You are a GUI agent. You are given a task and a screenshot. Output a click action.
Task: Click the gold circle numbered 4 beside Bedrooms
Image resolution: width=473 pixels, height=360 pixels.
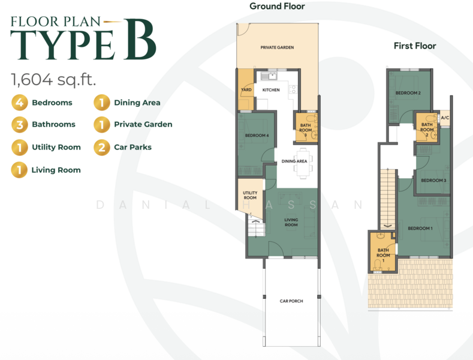(20, 103)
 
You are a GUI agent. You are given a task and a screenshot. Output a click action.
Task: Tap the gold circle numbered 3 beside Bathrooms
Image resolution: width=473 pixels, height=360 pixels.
(20, 124)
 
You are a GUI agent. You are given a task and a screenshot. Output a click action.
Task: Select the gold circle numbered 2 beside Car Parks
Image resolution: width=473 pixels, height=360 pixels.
(102, 148)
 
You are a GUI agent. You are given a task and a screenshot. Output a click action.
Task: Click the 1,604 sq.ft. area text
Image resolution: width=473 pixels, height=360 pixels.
(53, 80)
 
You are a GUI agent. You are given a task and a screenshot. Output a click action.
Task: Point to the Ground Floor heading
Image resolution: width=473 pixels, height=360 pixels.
(277, 7)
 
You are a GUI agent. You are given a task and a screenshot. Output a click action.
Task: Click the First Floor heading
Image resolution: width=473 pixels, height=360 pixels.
(415, 46)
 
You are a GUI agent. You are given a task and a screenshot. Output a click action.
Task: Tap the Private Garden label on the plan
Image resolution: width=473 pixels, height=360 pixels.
(277, 47)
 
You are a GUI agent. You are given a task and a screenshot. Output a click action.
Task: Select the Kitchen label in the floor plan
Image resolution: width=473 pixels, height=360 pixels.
(271, 90)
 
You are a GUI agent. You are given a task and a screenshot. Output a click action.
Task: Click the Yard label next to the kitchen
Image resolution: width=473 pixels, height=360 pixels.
(246, 89)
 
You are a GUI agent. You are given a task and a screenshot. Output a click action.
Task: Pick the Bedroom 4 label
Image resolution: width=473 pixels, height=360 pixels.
(257, 136)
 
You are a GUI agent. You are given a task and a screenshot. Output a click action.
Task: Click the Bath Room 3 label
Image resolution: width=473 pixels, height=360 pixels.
(305, 130)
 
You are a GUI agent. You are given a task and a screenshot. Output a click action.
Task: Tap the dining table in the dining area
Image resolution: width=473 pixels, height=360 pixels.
(303, 163)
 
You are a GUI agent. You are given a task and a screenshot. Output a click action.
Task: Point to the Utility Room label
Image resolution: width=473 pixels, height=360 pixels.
(250, 196)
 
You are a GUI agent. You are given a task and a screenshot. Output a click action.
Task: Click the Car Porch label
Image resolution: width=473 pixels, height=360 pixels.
(291, 301)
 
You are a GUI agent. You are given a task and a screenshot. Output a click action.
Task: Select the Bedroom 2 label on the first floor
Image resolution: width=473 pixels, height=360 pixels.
(408, 93)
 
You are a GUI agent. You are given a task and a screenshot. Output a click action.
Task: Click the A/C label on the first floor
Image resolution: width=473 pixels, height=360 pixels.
(445, 118)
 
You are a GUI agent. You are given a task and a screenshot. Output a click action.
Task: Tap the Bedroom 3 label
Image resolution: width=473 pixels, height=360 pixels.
(433, 181)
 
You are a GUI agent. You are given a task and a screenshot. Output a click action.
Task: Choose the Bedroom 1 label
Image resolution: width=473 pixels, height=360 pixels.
(420, 229)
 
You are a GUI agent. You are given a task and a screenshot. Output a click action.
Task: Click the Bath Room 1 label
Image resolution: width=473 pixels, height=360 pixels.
(383, 255)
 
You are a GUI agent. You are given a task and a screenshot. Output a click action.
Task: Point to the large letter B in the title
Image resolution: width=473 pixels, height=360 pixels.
(140, 38)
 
